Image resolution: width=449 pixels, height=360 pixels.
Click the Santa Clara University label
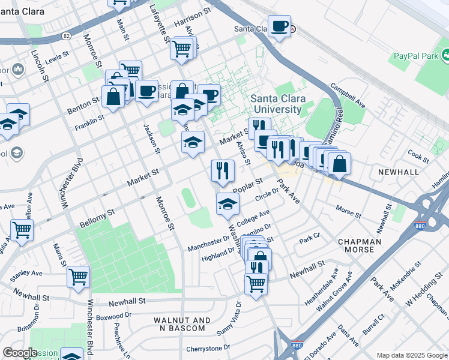277,104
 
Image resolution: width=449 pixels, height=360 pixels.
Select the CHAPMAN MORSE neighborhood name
360,246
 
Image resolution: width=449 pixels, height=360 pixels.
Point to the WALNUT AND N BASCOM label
182,325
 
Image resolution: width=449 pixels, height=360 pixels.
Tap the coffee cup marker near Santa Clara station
279,27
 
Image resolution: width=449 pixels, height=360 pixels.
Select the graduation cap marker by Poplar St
228,205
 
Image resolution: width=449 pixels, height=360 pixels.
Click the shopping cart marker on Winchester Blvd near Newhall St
78,277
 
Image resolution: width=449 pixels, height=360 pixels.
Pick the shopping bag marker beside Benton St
113,97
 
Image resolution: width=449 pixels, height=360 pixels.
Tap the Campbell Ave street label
348,95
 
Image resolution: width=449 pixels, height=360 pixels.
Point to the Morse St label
348,212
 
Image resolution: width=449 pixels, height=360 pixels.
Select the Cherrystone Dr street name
208,348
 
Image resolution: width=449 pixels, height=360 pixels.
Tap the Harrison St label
193,20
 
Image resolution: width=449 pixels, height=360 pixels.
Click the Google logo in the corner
20,353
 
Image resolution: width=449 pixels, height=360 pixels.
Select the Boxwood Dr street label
113,315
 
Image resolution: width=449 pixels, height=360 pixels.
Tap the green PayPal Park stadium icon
446,56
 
